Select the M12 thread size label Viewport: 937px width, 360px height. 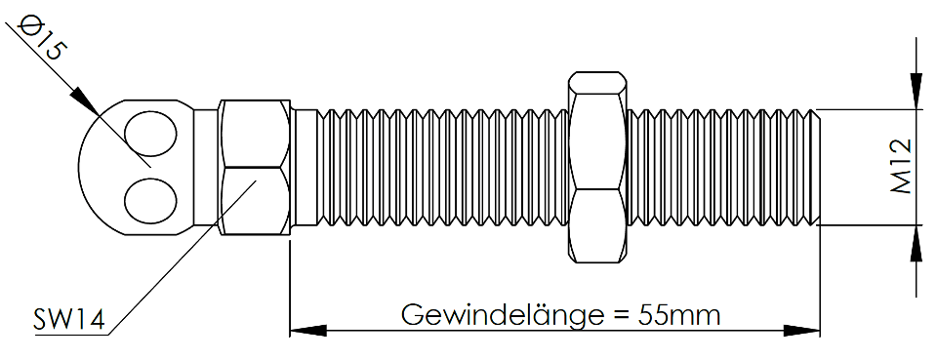click(x=900, y=167)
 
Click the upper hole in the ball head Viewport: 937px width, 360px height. click(x=150, y=134)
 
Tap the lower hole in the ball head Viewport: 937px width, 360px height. click(x=150, y=199)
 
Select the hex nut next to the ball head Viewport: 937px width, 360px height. click(x=255, y=167)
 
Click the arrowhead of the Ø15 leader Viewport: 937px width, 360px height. click(x=84, y=101)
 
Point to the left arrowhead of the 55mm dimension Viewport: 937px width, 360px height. click(x=308, y=331)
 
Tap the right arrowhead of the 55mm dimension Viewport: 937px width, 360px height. click(x=801, y=331)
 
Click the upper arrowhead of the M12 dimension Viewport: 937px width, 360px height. click(x=916, y=92)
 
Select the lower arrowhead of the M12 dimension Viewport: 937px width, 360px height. click(x=916, y=244)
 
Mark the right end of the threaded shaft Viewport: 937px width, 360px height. click(x=819, y=167)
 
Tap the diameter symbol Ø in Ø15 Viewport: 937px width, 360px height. click(x=27, y=26)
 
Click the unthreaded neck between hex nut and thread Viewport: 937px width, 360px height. click(x=305, y=167)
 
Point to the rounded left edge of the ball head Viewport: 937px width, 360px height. click(x=79, y=167)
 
